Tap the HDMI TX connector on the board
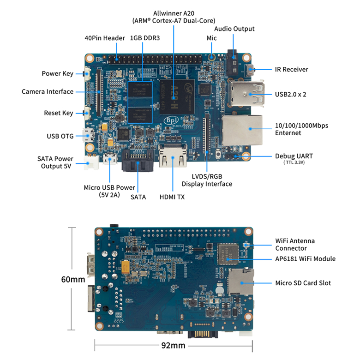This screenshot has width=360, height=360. point(172,157)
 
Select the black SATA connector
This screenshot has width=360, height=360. point(137,162)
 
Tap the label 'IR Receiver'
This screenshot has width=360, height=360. point(291,70)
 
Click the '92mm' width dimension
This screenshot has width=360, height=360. point(174,345)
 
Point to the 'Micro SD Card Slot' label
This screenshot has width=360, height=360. point(303,283)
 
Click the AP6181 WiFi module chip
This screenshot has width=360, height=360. point(228,253)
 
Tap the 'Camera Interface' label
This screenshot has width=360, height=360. point(48,91)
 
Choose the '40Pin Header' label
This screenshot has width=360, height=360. point(102,38)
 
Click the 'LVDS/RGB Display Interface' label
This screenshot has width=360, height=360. point(207,180)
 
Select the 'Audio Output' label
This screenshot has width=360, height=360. point(234,29)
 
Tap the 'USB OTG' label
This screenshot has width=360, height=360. point(60,136)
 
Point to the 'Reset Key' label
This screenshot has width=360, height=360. point(59,113)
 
